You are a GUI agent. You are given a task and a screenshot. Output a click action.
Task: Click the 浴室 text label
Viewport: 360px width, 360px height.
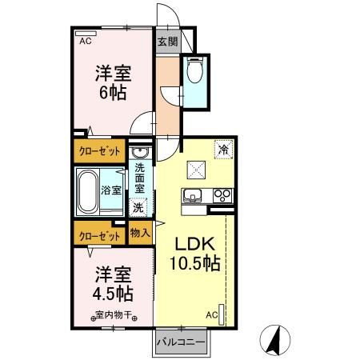(x=111, y=190)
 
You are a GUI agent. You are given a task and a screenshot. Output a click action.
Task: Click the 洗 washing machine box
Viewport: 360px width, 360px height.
(x=138, y=206)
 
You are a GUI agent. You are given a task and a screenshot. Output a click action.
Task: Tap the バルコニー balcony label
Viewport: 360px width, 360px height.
(x=181, y=341)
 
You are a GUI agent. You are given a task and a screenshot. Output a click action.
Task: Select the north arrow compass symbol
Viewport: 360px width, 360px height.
(x=274, y=340)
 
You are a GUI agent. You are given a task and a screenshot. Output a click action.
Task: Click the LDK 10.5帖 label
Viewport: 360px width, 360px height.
(x=194, y=253)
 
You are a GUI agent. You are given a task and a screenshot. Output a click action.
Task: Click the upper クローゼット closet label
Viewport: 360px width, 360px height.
(x=99, y=150)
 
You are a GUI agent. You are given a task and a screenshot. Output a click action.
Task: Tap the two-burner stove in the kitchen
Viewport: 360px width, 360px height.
(x=222, y=194)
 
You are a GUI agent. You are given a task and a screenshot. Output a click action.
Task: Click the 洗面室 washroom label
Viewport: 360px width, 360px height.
(x=139, y=178)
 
